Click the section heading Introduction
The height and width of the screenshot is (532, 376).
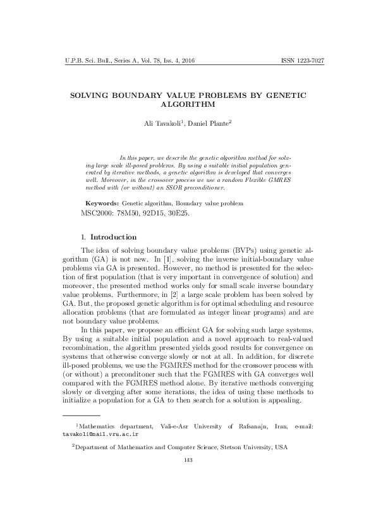pyautogui.click(x=113, y=238)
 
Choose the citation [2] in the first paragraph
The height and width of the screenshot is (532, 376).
pyautogui.click(x=188, y=294)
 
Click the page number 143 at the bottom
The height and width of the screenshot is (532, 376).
pyautogui.click(x=188, y=459)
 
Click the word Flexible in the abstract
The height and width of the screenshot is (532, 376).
pyautogui.click(x=263, y=179)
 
